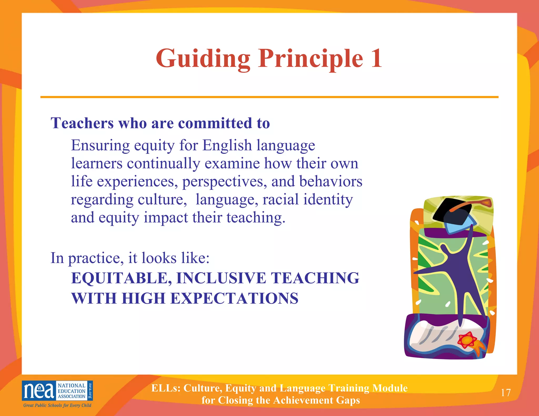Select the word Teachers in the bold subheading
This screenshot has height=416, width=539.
click(x=82, y=123)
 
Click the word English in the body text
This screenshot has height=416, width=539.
click(x=227, y=145)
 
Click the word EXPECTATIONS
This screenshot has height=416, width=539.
click(x=234, y=298)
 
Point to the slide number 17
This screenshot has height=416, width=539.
click(x=506, y=393)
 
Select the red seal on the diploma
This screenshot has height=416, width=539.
click(x=467, y=340)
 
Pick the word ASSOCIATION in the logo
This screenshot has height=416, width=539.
click(x=72, y=397)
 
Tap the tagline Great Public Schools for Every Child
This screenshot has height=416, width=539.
click(x=57, y=405)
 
